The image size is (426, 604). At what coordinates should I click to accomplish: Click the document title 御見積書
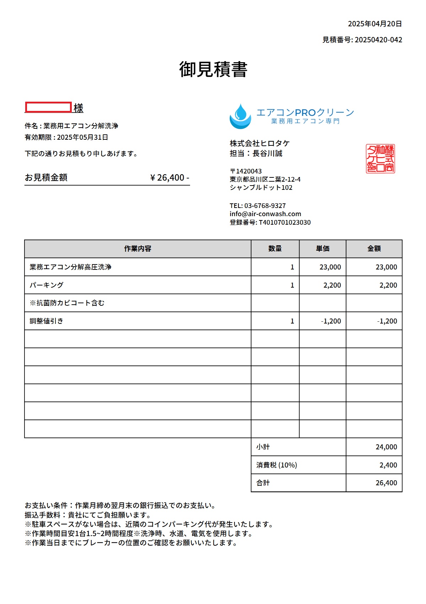[x=213, y=69]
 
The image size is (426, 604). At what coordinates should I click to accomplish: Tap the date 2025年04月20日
[x=375, y=24]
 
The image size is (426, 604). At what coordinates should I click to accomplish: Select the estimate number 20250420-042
[x=378, y=40]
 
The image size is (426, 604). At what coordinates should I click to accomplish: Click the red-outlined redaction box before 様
[x=48, y=107]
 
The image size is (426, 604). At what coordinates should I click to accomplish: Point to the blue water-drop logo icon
[x=240, y=116]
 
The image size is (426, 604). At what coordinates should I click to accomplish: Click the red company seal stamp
[x=380, y=159]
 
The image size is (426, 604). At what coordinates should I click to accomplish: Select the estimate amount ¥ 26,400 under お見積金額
[x=169, y=177]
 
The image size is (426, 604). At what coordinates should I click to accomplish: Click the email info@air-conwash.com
[x=265, y=214]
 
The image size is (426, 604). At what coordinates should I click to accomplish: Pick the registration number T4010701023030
[x=285, y=223]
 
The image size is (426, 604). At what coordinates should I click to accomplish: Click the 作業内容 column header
[x=137, y=249]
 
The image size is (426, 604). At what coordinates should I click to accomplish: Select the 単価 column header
[x=323, y=249]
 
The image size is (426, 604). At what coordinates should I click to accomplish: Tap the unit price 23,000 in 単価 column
[x=330, y=267]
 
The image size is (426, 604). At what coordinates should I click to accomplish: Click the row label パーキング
[x=47, y=285]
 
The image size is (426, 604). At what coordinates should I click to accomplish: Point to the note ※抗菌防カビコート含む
[x=67, y=303]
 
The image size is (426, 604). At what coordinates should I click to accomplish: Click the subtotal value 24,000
[x=386, y=447]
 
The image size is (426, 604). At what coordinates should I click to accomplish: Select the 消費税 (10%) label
[x=276, y=465]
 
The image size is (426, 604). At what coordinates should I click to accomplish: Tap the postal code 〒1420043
[x=246, y=171]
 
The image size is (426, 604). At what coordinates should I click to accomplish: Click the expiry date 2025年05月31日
[x=82, y=137]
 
